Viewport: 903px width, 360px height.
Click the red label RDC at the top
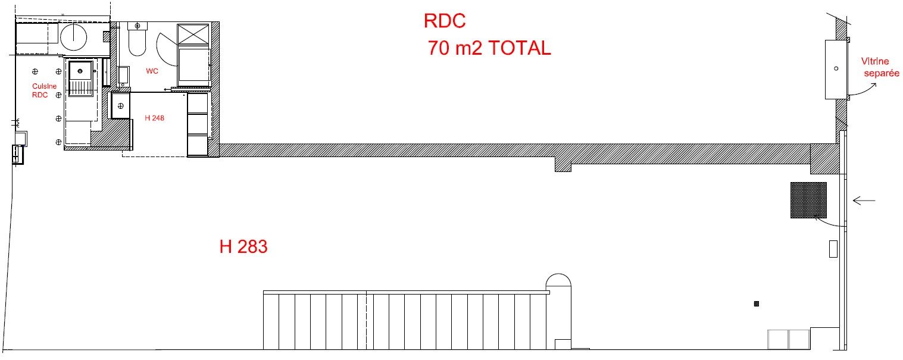click(x=445, y=21)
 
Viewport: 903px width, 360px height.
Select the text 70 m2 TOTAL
click(x=489, y=48)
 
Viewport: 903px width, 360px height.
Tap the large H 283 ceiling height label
click(x=243, y=247)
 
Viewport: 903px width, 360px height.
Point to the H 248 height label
click(x=154, y=118)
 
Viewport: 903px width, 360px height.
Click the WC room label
click(x=152, y=71)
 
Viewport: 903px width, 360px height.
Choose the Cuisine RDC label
click(x=44, y=90)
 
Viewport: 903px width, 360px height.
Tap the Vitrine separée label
click(x=880, y=67)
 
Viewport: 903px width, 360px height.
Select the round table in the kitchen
click(x=73, y=37)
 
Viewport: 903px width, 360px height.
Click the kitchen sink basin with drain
click(x=80, y=71)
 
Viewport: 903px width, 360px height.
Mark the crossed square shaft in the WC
click(x=193, y=34)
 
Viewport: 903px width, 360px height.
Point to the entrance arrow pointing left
click(x=864, y=201)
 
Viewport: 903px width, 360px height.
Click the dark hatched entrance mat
click(x=808, y=201)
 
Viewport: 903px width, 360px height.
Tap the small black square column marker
click(x=756, y=304)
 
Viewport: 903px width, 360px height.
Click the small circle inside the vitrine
click(x=836, y=68)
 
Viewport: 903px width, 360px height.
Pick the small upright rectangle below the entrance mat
click(x=833, y=249)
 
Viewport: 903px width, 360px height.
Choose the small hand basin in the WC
click(x=123, y=76)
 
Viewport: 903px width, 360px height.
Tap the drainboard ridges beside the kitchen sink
click(x=81, y=87)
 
